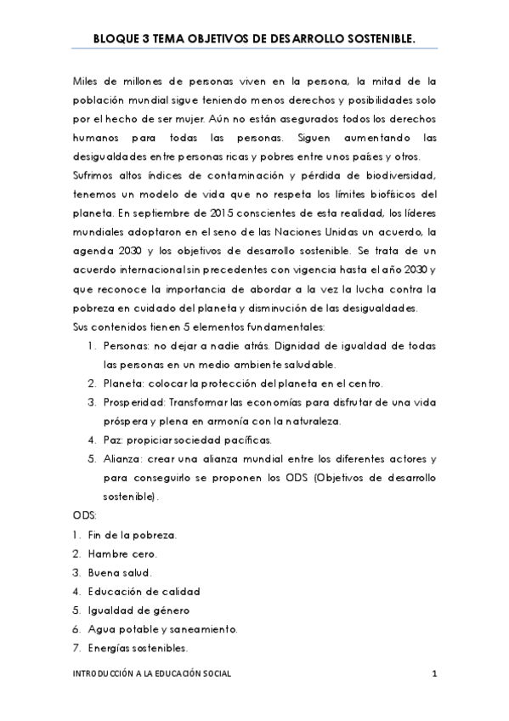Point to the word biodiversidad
click(x=398, y=176)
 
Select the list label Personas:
click(x=127, y=347)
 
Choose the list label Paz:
click(x=115, y=440)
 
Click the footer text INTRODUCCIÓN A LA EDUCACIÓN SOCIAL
click(x=152, y=673)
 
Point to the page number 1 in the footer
click(x=433, y=673)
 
